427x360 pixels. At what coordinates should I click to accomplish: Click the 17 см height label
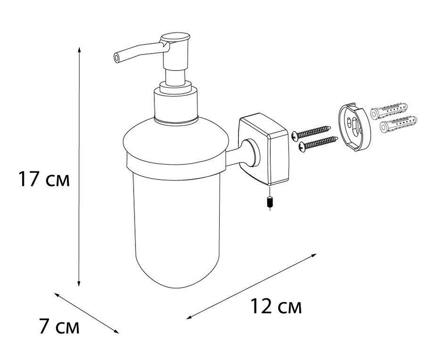point(44,179)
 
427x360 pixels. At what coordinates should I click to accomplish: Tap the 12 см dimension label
point(276,306)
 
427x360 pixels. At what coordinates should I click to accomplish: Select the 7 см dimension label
point(59,326)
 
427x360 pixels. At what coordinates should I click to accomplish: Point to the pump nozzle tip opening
point(117,58)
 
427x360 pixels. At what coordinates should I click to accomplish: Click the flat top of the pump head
point(175,37)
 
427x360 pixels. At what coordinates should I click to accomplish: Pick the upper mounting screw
point(311,132)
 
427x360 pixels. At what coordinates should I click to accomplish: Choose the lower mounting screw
point(318,143)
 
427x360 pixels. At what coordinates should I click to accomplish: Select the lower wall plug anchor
point(398,124)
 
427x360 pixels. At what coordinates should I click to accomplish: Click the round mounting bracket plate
point(355,127)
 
